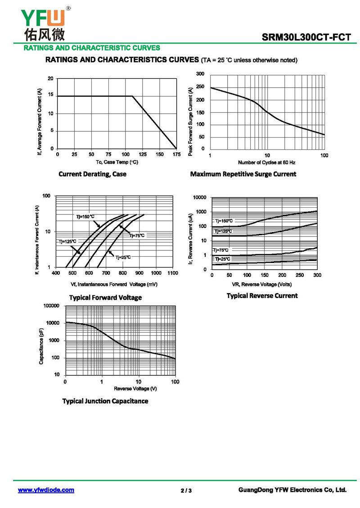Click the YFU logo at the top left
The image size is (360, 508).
[x=43, y=21]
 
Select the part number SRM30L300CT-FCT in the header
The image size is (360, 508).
[x=306, y=38]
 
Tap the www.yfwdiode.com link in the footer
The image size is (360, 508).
[x=46, y=490]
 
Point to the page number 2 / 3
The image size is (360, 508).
[x=186, y=490]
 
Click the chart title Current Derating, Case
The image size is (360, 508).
[x=92, y=174]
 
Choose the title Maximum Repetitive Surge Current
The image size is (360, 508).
[x=243, y=174]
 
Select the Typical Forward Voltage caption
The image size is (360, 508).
[x=105, y=298]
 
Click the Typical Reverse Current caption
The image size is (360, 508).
[x=262, y=296]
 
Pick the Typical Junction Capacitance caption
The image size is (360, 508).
[x=105, y=401]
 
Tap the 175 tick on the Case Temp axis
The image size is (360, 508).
[x=176, y=155]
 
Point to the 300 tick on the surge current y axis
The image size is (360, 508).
[x=200, y=74]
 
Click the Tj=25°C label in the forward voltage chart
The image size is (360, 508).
[x=123, y=257]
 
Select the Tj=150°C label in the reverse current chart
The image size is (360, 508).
[x=224, y=221]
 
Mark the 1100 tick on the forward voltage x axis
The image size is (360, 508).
[x=172, y=273]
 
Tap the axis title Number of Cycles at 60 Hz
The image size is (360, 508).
[x=266, y=162]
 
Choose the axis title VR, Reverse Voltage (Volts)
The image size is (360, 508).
[x=261, y=284]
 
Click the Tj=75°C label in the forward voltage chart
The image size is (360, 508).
[x=137, y=236]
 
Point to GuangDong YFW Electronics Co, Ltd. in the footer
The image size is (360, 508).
[x=292, y=490]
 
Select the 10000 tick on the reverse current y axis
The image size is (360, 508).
[x=199, y=197]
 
